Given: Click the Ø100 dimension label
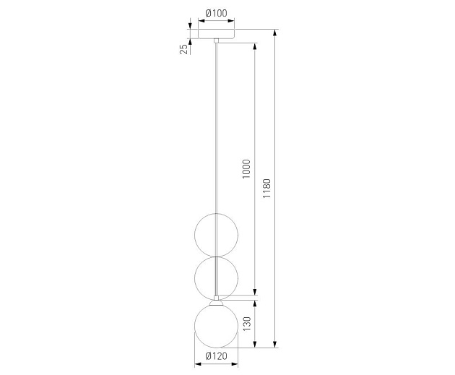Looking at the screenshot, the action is tap(216, 13).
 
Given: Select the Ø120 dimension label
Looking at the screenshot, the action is tap(216, 355).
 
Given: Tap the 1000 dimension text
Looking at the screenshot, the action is tap(246, 169).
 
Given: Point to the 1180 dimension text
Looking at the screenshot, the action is tap(266, 189).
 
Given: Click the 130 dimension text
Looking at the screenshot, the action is tap(247, 324).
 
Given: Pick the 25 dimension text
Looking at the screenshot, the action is tap(183, 49).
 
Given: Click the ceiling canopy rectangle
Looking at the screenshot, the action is tap(216, 34).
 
